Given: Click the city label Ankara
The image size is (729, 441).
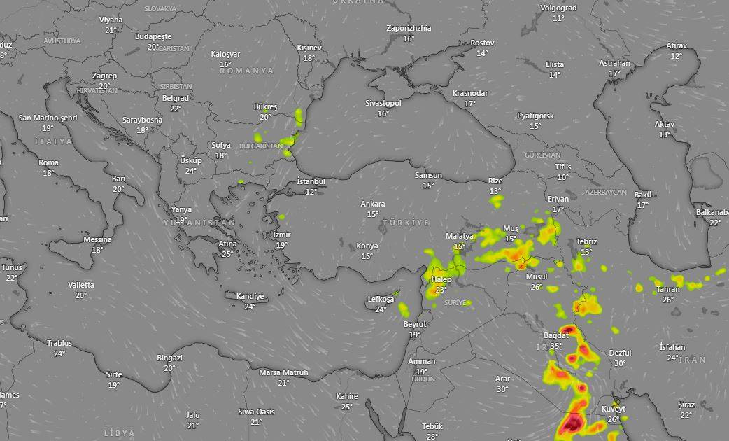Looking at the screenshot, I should (x=372, y=204).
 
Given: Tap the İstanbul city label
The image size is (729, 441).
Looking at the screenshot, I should (x=311, y=181).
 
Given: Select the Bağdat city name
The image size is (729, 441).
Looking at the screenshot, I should (x=556, y=336).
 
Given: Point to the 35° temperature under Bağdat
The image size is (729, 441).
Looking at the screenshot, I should (x=556, y=346).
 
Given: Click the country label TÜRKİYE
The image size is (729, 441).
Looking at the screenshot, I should (x=405, y=222).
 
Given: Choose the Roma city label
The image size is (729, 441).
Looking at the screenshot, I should (x=49, y=162).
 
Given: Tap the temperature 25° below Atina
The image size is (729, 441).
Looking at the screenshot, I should (x=227, y=253).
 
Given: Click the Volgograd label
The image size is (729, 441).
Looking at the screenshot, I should (x=558, y=8).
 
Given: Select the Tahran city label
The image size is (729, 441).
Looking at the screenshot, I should (x=668, y=290).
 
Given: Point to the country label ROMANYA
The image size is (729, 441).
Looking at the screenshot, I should (x=247, y=71).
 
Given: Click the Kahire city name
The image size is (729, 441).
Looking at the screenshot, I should (x=347, y=396).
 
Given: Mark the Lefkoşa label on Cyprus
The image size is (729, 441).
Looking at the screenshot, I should (x=381, y=300).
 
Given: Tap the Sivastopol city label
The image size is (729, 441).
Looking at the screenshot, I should (x=383, y=103).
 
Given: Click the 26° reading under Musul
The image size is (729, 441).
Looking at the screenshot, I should (x=537, y=287).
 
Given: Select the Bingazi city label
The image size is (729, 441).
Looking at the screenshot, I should (x=169, y=358).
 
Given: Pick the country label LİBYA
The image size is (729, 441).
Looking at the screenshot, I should (x=119, y=433).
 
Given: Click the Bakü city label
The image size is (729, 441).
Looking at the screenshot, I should (x=643, y=195).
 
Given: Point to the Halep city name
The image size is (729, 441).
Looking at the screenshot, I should (x=441, y=280).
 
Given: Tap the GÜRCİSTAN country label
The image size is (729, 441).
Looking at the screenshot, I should (x=542, y=155).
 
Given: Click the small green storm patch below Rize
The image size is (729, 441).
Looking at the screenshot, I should (x=496, y=202).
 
